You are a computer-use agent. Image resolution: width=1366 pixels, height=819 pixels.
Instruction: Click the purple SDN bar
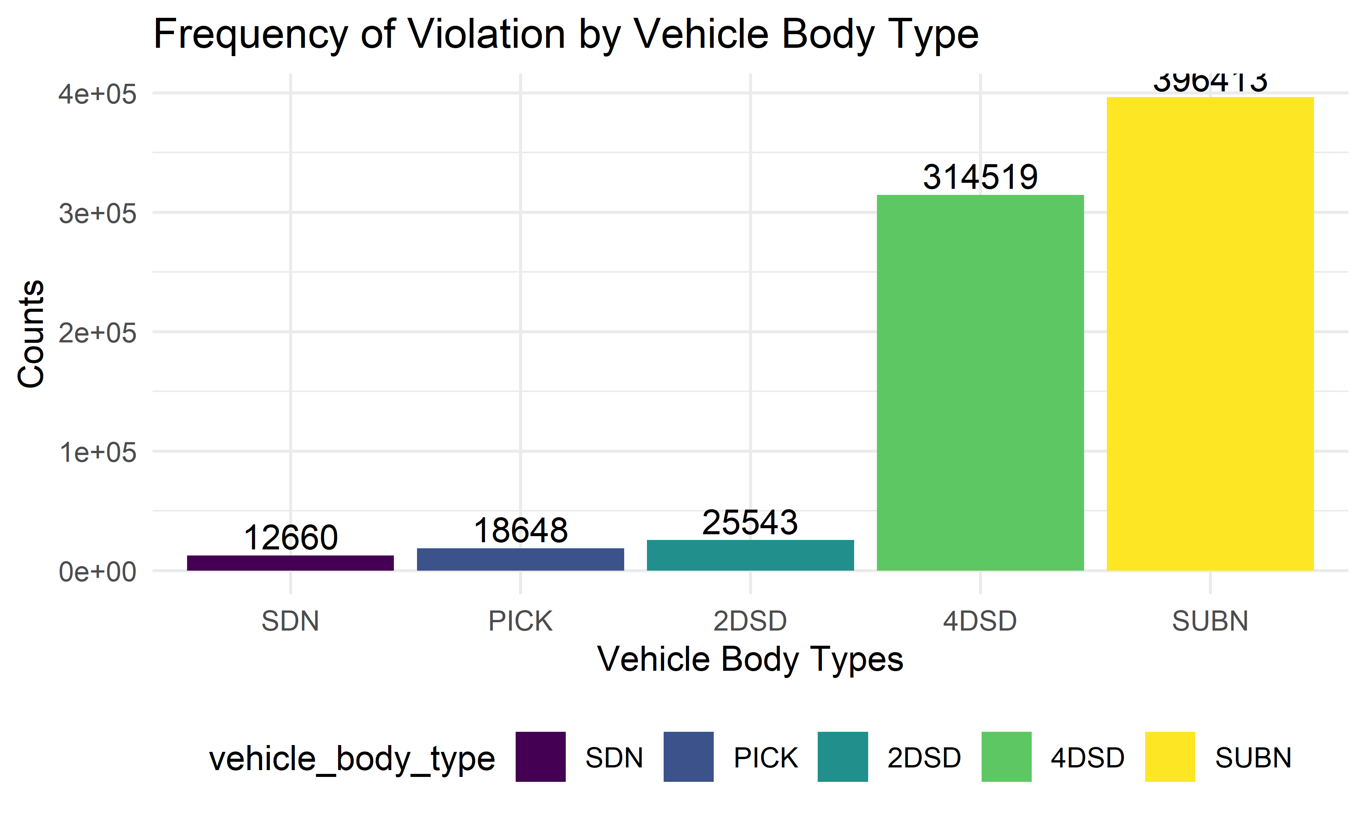pyautogui.click(x=290, y=563)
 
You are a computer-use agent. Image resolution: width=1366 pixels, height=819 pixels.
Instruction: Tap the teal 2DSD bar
pyautogui.click(x=750, y=555)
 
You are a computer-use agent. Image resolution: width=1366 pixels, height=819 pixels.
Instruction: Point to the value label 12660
pyautogui.click(x=290, y=538)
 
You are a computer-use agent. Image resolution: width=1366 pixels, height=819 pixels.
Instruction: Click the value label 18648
pyautogui.click(x=520, y=530)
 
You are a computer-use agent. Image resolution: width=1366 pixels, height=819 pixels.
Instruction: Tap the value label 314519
pyautogui.click(x=980, y=177)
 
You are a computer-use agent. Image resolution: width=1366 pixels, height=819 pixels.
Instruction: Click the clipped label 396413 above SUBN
pyautogui.click(x=1210, y=83)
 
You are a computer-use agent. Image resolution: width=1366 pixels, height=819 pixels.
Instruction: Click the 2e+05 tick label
pyautogui.click(x=97, y=333)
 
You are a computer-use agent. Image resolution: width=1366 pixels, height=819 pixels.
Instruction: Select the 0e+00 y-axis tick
pyautogui.click(x=97, y=572)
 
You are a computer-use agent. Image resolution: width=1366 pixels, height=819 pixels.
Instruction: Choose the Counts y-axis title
pyautogui.click(x=31, y=334)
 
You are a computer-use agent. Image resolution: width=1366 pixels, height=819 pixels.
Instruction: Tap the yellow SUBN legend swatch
pyautogui.click(x=1169, y=757)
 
